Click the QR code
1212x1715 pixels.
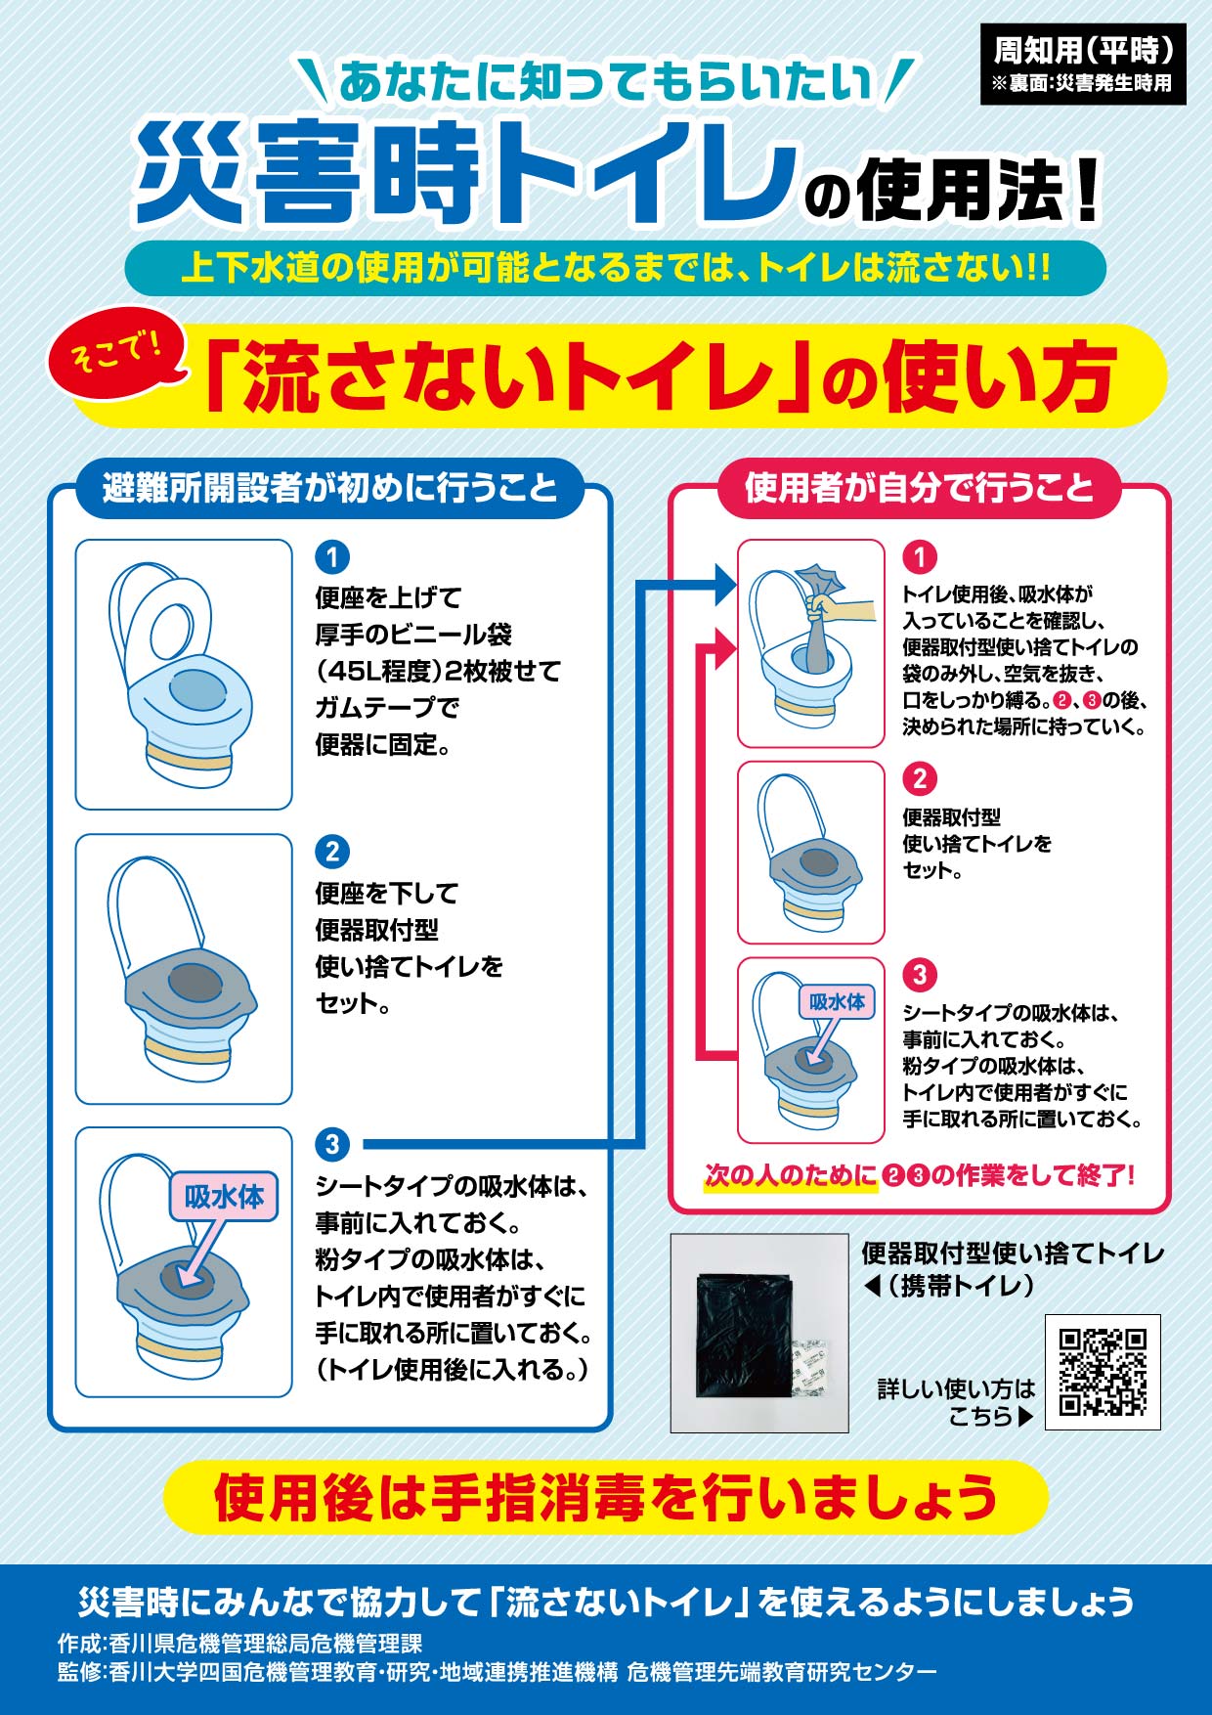click(1103, 1372)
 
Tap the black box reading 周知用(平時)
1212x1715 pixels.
click(1083, 63)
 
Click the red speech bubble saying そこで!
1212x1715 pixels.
click(117, 352)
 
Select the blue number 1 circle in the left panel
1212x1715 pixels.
click(332, 557)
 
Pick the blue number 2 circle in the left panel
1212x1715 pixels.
click(332, 852)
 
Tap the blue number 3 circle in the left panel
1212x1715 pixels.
click(332, 1144)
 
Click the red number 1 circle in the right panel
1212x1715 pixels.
click(919, 557)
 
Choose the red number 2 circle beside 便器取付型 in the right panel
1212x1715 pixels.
click(919, 779)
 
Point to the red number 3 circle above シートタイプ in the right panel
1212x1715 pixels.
click(919, 975)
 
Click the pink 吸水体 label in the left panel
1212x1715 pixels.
click(224, 1197)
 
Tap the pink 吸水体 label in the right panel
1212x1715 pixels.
click(837, 1002)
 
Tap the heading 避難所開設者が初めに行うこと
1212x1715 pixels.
click(329, 487)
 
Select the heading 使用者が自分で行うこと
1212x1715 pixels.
click(919, 487)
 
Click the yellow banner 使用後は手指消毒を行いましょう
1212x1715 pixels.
click(606, 1497)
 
